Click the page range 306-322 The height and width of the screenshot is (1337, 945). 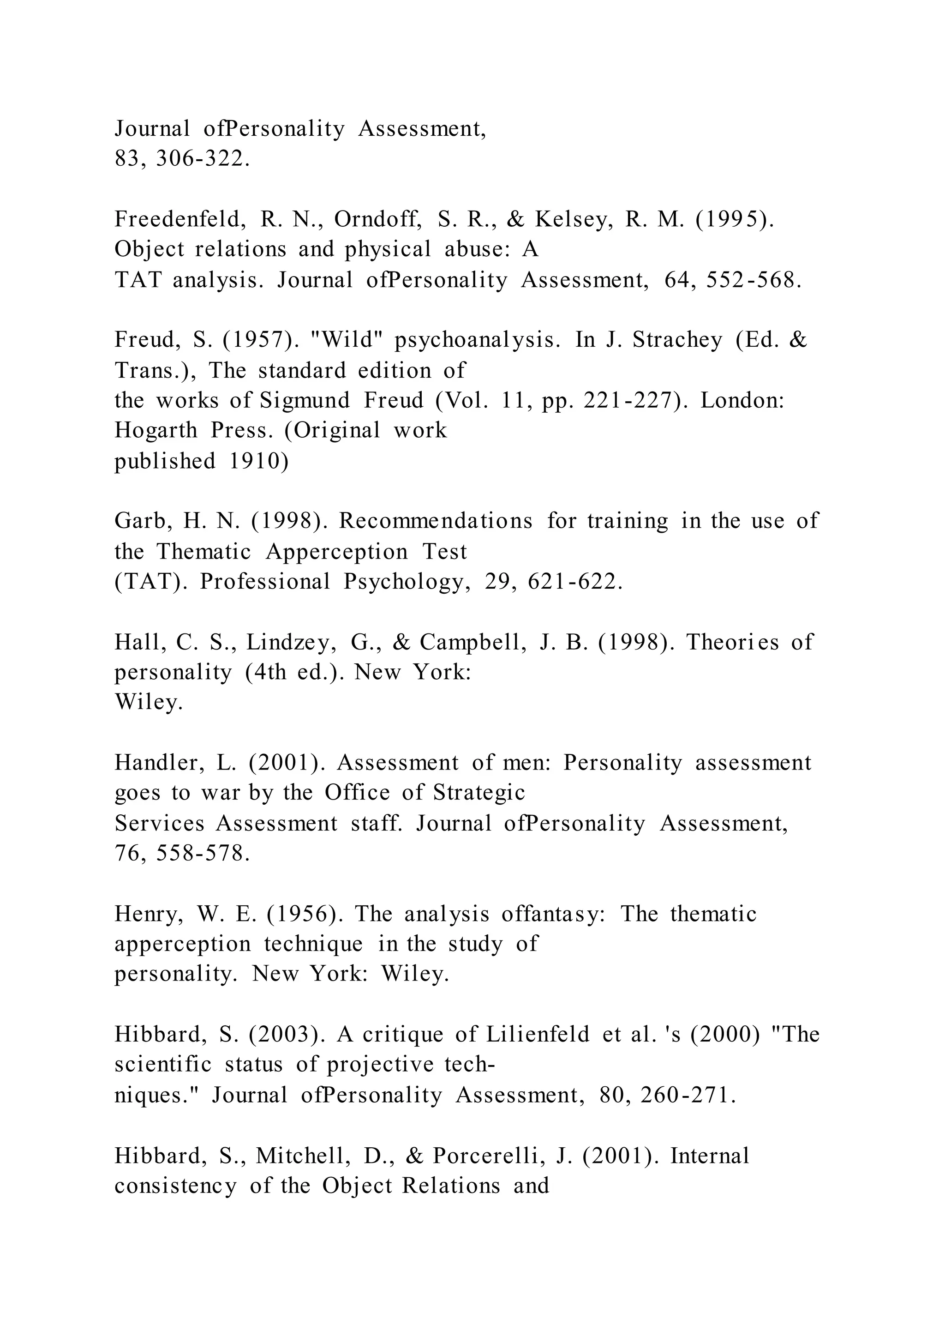203,159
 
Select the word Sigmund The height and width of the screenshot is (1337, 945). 305,401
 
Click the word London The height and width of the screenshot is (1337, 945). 742,401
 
